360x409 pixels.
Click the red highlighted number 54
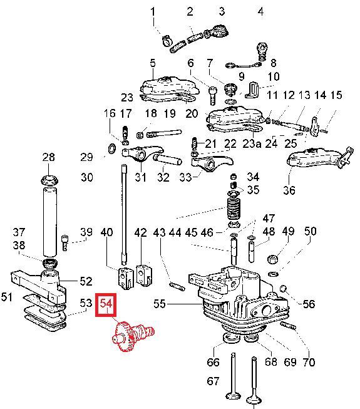pos(106,304)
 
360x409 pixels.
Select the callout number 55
pos(160,304)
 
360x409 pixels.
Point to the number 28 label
pos(48,157)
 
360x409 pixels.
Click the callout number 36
pos(289,190)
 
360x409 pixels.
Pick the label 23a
pos(252,143)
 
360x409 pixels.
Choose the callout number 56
pos(309,304)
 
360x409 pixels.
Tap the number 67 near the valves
pos(213,381)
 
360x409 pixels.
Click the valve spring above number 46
pos(234,209)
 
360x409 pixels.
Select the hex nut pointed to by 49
pos(273,259)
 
